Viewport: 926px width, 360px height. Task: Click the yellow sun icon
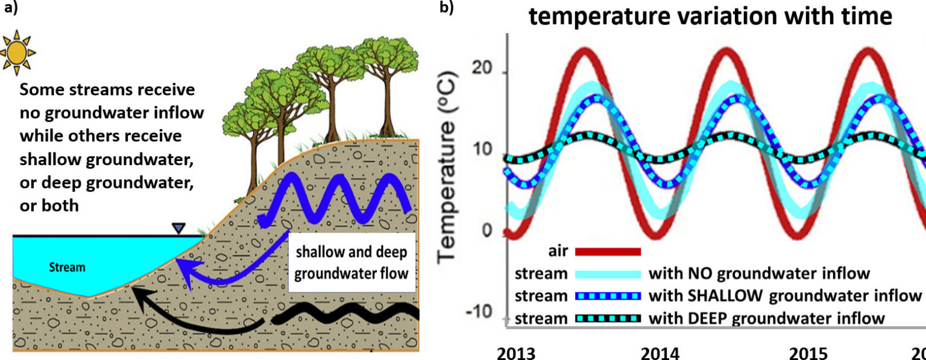click(x=18, y=50)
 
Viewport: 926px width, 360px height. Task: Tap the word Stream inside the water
click(x=68, y=267)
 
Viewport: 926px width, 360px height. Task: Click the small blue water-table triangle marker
click(x=178, y=229)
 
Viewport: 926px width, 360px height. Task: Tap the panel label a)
click(x=8, y=8)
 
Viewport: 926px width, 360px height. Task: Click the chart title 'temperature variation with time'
click(x=710, y=17)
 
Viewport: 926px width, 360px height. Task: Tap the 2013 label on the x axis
click(x=515, y=352)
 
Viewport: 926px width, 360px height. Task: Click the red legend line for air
click(x=608, y=251)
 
